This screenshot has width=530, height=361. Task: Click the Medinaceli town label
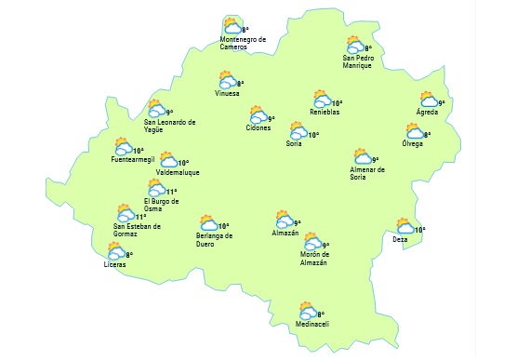(311, 324)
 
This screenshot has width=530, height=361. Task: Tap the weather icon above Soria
(298, 130)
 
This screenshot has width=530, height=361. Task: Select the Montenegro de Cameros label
(243, 43)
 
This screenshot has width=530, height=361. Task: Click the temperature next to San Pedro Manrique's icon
(368, 48)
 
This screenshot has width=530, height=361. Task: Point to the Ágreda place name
(427, 113)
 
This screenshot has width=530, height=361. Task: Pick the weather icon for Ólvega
(415, 131)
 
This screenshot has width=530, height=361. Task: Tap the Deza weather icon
(404, 226)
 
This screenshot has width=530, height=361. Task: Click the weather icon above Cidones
(258, 115)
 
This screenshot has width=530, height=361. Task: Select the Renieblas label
(325, 113)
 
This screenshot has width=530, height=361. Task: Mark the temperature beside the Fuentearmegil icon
(138, 151)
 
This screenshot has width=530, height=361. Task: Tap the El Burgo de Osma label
(162, 206)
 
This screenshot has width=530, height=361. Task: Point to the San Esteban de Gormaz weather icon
(126, 214)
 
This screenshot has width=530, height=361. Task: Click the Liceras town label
(114, 265)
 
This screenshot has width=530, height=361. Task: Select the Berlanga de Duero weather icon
(208, 223)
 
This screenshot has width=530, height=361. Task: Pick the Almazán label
(285, 233)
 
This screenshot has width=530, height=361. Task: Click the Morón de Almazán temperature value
(325, 246)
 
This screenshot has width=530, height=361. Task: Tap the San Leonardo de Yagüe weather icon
(156, 109)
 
